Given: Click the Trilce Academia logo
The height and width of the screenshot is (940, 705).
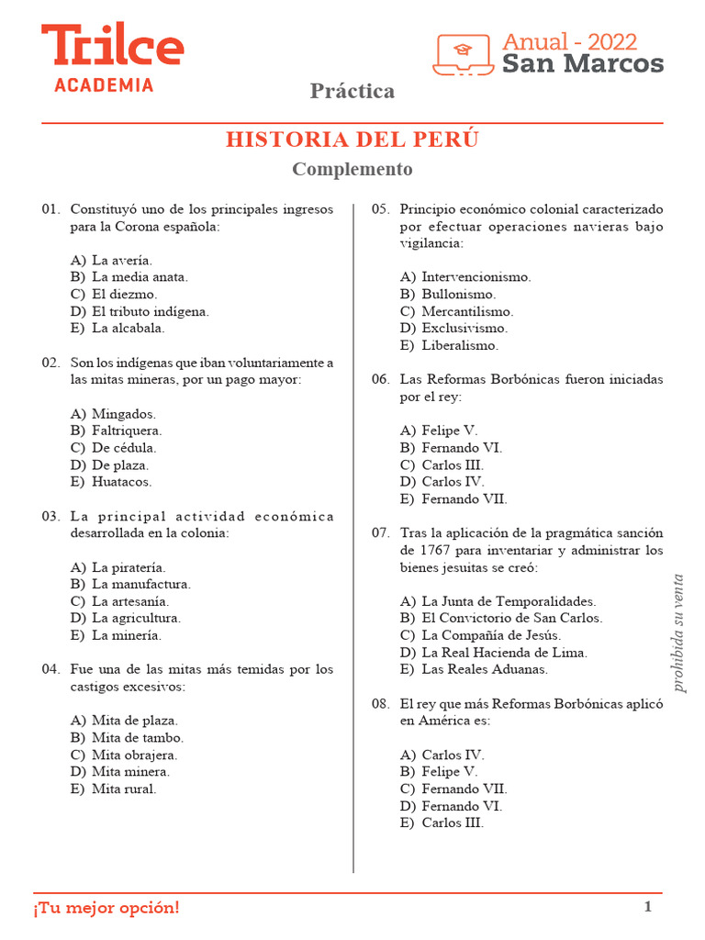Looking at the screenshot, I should click(x=112, y=57).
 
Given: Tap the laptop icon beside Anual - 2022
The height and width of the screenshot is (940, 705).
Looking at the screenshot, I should click(x=464, y=54).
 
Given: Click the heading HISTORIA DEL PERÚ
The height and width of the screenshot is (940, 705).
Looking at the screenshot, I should click(x=352, y=140).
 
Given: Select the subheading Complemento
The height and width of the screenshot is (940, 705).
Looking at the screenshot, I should click(x=352, y=170).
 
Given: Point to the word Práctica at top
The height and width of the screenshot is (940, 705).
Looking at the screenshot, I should click(x=352, y=91).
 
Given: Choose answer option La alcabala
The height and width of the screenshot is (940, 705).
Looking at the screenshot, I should click(x=128, y=328).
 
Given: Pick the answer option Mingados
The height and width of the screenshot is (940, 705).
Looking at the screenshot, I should click(x=123, y=414).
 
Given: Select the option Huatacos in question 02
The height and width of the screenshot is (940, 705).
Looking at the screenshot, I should click(x=121, y=482).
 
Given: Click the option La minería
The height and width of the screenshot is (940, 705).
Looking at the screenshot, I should click(x=126, y=635).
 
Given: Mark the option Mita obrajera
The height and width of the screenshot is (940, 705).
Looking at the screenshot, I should click(x=134, y=755).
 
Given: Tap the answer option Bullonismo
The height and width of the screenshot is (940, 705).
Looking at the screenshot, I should click(x=458, y=295).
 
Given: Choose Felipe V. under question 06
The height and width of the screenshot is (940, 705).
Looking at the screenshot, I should click(x=450, y=431).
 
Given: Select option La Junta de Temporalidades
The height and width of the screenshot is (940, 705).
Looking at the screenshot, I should click(x=509, y=601).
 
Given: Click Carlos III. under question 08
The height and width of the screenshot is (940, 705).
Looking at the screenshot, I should click(x=453, y=823).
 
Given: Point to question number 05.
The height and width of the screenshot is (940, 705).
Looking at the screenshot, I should click(x=380, y=209).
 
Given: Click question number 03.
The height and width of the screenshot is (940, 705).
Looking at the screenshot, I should click(x=50, y=516).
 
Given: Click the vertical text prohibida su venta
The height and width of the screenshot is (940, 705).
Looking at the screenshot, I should click(x=678, y=632).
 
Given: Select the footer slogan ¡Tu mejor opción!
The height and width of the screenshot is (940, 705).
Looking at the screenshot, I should click(x=107, y=908).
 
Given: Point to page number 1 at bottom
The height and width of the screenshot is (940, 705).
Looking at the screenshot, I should click(x=647, y=908).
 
